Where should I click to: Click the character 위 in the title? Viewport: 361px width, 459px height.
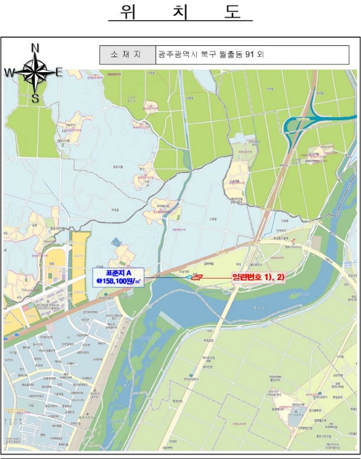[128, 12]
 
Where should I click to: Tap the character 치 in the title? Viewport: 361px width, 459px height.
[180, 12]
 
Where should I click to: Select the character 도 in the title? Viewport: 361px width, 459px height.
[232, 12]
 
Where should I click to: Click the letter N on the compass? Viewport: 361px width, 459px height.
[35, 48]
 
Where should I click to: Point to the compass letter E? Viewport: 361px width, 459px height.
[58, 72]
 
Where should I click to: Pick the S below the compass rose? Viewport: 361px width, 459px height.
[35, 99]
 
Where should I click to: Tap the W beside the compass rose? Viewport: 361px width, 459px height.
[10, 72]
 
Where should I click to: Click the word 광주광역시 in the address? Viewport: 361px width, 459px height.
[176, 55]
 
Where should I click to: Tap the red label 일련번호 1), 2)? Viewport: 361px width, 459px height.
[258, 277]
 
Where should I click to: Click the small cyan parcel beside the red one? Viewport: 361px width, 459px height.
[189, 278]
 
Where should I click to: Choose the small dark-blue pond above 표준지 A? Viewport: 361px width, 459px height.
[117, 243]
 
